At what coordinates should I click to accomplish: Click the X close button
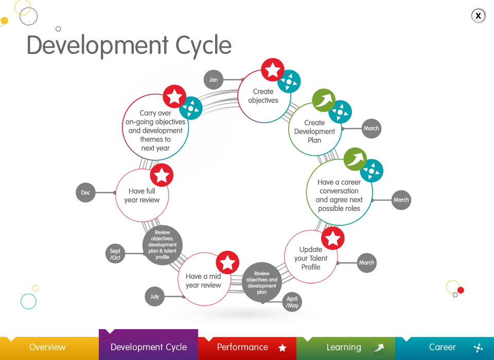tap(478, 16)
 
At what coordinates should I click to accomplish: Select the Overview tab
tap(47, 348)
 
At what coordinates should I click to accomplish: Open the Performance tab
tap(247, 348)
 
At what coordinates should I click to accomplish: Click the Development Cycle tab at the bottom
tap(148, 348)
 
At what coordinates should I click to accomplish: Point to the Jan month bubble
tap(213, 80)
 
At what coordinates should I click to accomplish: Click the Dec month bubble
tap(85, 193)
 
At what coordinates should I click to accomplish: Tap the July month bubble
tap(154, 297)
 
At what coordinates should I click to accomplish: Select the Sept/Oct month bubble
tap(115, 254)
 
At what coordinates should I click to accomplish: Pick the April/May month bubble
tap(292, 302)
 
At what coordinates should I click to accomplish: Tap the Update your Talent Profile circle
tap(310, 258)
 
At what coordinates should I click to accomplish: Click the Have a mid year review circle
tap(203, 281)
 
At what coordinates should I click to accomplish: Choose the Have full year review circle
tap(142, 196)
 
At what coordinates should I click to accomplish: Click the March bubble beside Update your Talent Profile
tap(366, 263)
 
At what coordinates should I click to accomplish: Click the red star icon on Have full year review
tap(162, 175)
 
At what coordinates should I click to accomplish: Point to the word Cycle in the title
tap(204, 46)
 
